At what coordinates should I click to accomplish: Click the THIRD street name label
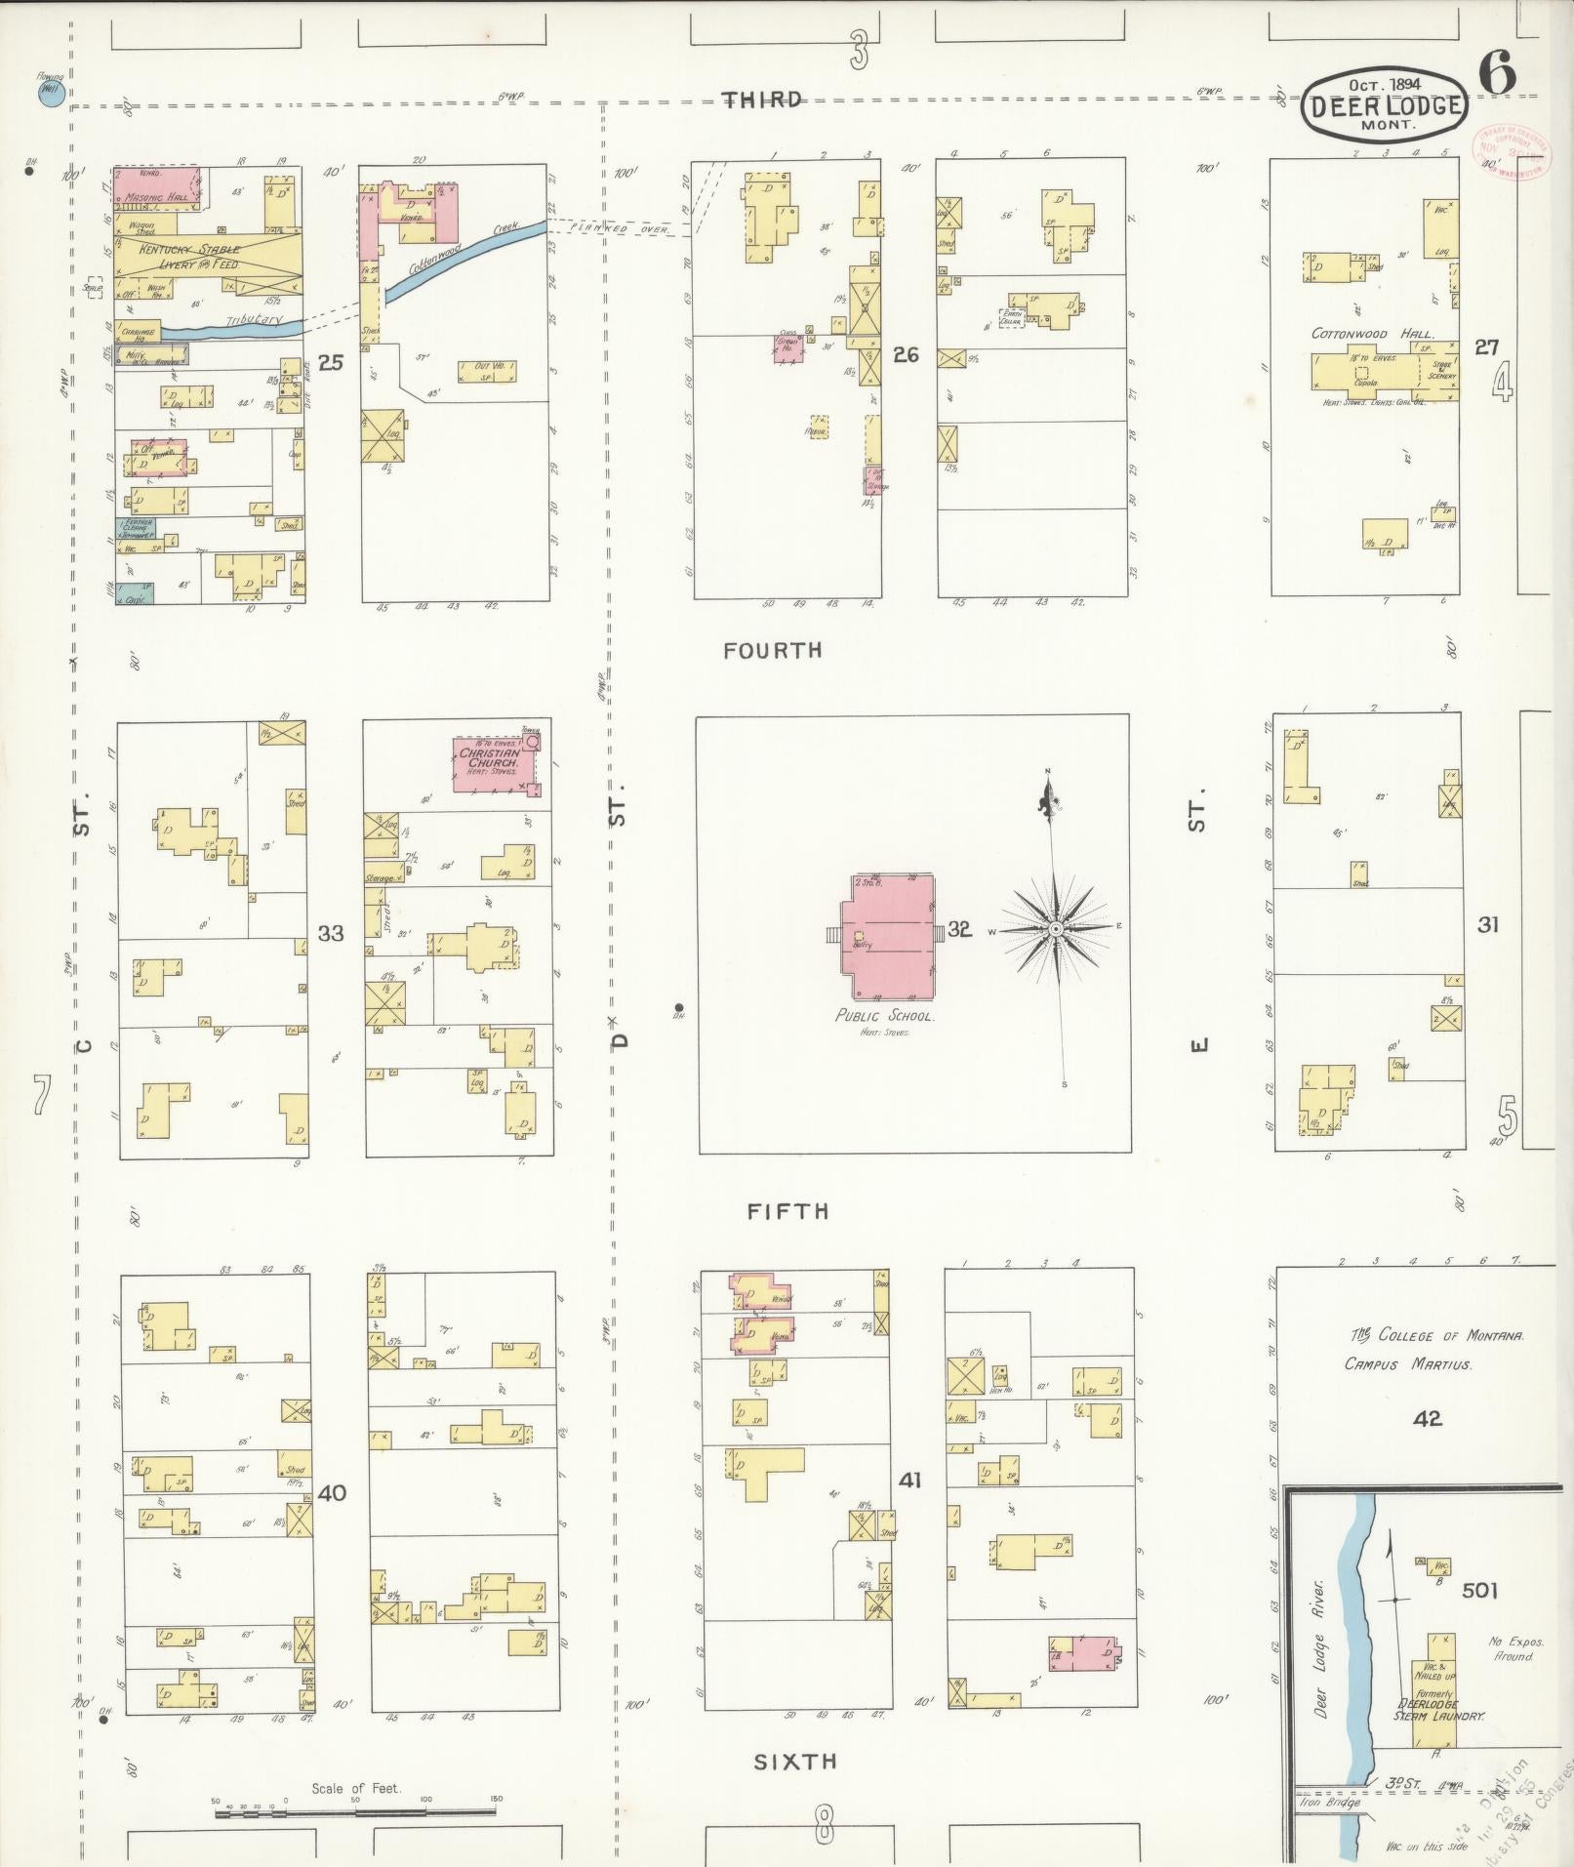[762, 100]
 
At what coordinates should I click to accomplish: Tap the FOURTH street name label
[773, 650]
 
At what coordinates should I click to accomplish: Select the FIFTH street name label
[787, 1211]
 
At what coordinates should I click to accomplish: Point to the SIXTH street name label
[795, 1762]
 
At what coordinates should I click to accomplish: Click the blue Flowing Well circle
[46, 95]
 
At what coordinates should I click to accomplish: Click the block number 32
[959, 929]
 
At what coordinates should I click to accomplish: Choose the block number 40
[332, 1492]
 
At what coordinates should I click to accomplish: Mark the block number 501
[1480, 1591]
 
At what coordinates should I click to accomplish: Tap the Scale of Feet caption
[356, 1789]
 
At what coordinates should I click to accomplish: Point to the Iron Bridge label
[1329, 1803]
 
